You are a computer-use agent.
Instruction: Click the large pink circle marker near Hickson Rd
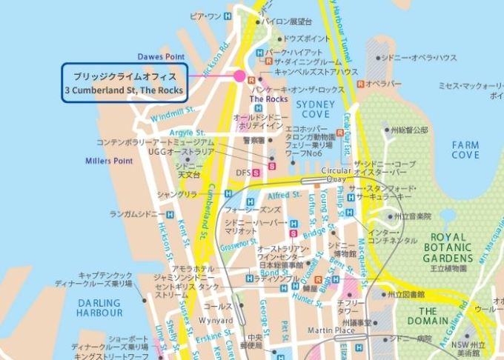(239, 76)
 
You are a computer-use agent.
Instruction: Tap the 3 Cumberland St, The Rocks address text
(125, 90)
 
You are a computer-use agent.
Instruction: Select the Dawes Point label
(160, 56)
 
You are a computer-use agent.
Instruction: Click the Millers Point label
(108, 160)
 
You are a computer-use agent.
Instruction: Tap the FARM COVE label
(465, 150)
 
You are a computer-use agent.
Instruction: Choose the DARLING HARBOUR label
(99, 307)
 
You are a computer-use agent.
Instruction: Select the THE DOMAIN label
(437, 316)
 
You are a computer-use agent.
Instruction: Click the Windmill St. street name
(172, 113)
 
